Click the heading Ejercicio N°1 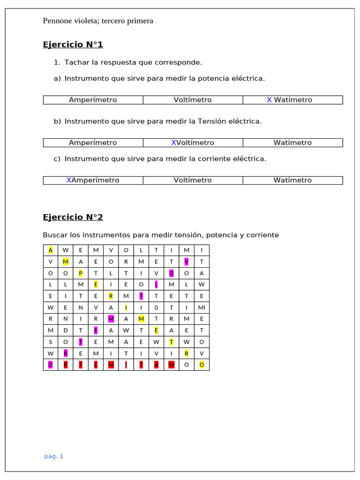(73, 45)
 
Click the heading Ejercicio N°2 (73, 217)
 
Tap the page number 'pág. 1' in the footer (54, 456)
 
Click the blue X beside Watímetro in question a (269, 100)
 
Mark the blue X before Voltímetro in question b (173, 142)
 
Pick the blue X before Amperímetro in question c (69, 180)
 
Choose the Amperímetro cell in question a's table (93, 100)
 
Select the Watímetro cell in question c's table (292, 180)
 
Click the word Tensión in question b (216, 121)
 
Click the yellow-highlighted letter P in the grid (81, 273)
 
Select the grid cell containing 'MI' (202, 307)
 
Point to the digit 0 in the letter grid (157, 307)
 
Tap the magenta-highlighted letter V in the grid (187, 262)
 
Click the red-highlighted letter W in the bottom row (172, 365)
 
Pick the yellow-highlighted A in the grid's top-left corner (51, 250)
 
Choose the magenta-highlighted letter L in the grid (157, 285)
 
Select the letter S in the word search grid (51, 342)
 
